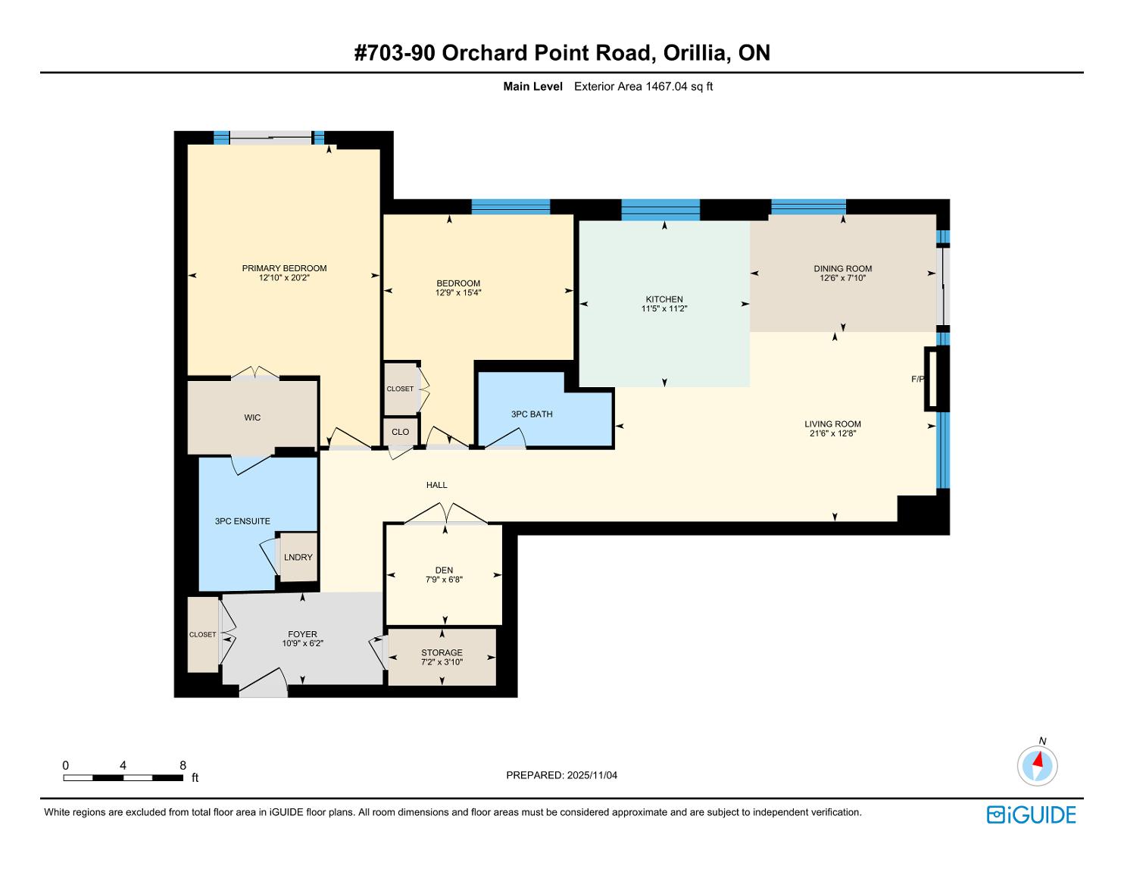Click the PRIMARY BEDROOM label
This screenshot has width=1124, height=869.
click(x=284, y=268)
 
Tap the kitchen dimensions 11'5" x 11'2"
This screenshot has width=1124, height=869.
click(x=664, y=309)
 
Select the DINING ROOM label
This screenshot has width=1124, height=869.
click(x=842, y=268)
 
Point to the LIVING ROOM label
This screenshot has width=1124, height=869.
click(x=832, y=424)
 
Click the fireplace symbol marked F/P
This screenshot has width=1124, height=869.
click(x=937, y=379)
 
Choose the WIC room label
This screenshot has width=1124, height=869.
click(x=252, y=417)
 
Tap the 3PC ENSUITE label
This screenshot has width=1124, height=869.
click(x=242, y=521)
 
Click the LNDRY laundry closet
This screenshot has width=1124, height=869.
click(x=298, y=557)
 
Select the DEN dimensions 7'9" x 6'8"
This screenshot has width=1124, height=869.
click(x=444, y=580)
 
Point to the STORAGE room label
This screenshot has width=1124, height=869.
click(x=442, y=653)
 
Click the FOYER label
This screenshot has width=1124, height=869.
click(x=303, y=634)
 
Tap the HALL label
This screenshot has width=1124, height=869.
click(x=436, y=485)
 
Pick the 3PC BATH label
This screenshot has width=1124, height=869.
click(x=532, y=414)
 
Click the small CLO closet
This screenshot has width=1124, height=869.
click(x=401, y=431)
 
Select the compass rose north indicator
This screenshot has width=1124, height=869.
click(x=1037, y=765)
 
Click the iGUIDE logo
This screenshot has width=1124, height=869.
click(x=1032, y=814)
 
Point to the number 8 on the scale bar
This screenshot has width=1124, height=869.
click(x=183, y=765)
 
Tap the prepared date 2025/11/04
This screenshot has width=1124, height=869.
click(x=592, y=775)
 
